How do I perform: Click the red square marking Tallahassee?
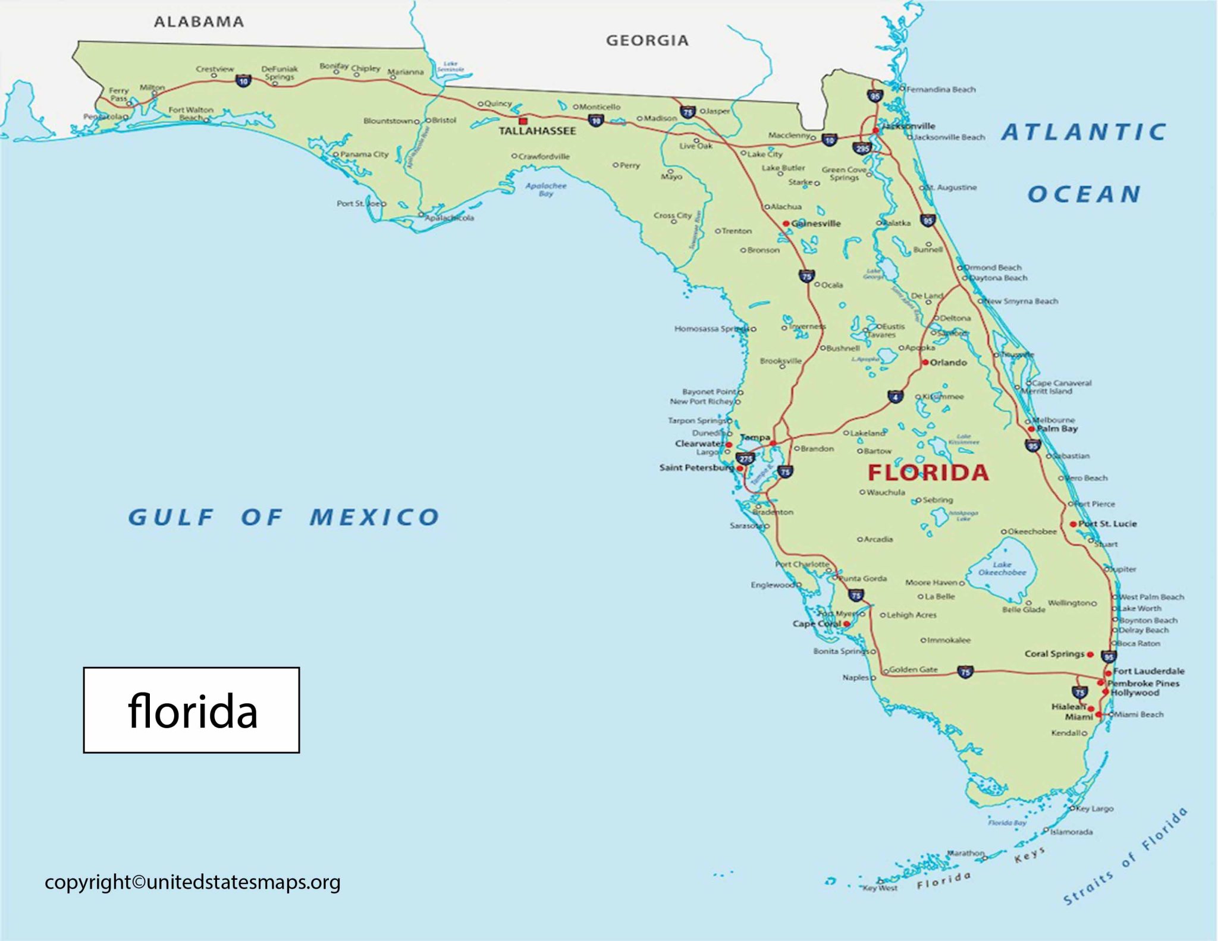pos(523,121)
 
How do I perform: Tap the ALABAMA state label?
pos(199,22)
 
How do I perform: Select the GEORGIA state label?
pos(647,40)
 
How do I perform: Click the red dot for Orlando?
pos(925,363)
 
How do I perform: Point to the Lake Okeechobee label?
pos(1002,569)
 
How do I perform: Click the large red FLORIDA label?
pos(928,473)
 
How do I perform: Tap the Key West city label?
pos(880,888)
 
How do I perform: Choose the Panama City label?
pos(364,155)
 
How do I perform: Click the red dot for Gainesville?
pos(786,224)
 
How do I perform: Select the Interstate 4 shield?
pos(895,396)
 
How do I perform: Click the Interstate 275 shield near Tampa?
pos(745,458)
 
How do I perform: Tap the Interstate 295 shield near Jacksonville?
pos(862,148)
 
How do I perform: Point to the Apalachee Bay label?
pos(546,189)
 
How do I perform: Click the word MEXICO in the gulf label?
pos(375,517)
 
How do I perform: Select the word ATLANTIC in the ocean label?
pos(1084,132)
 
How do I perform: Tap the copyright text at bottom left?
pos(192,882)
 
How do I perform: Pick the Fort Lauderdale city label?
pos(1148,671)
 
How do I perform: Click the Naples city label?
pos(855,677)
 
